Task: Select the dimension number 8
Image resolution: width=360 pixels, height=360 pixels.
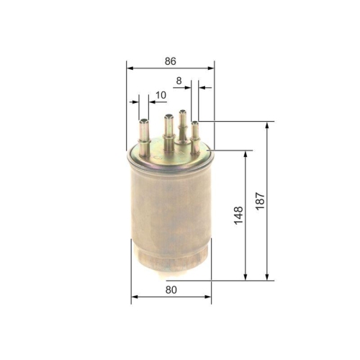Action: pos(178,81)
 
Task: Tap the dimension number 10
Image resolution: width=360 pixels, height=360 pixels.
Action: pos(159,94)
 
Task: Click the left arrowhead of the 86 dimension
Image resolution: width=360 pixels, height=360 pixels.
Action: pos(130,68)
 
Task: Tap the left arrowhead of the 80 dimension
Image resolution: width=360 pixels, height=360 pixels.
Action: pos(134,299)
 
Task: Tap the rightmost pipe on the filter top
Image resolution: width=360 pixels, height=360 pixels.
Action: pos(195,135)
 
